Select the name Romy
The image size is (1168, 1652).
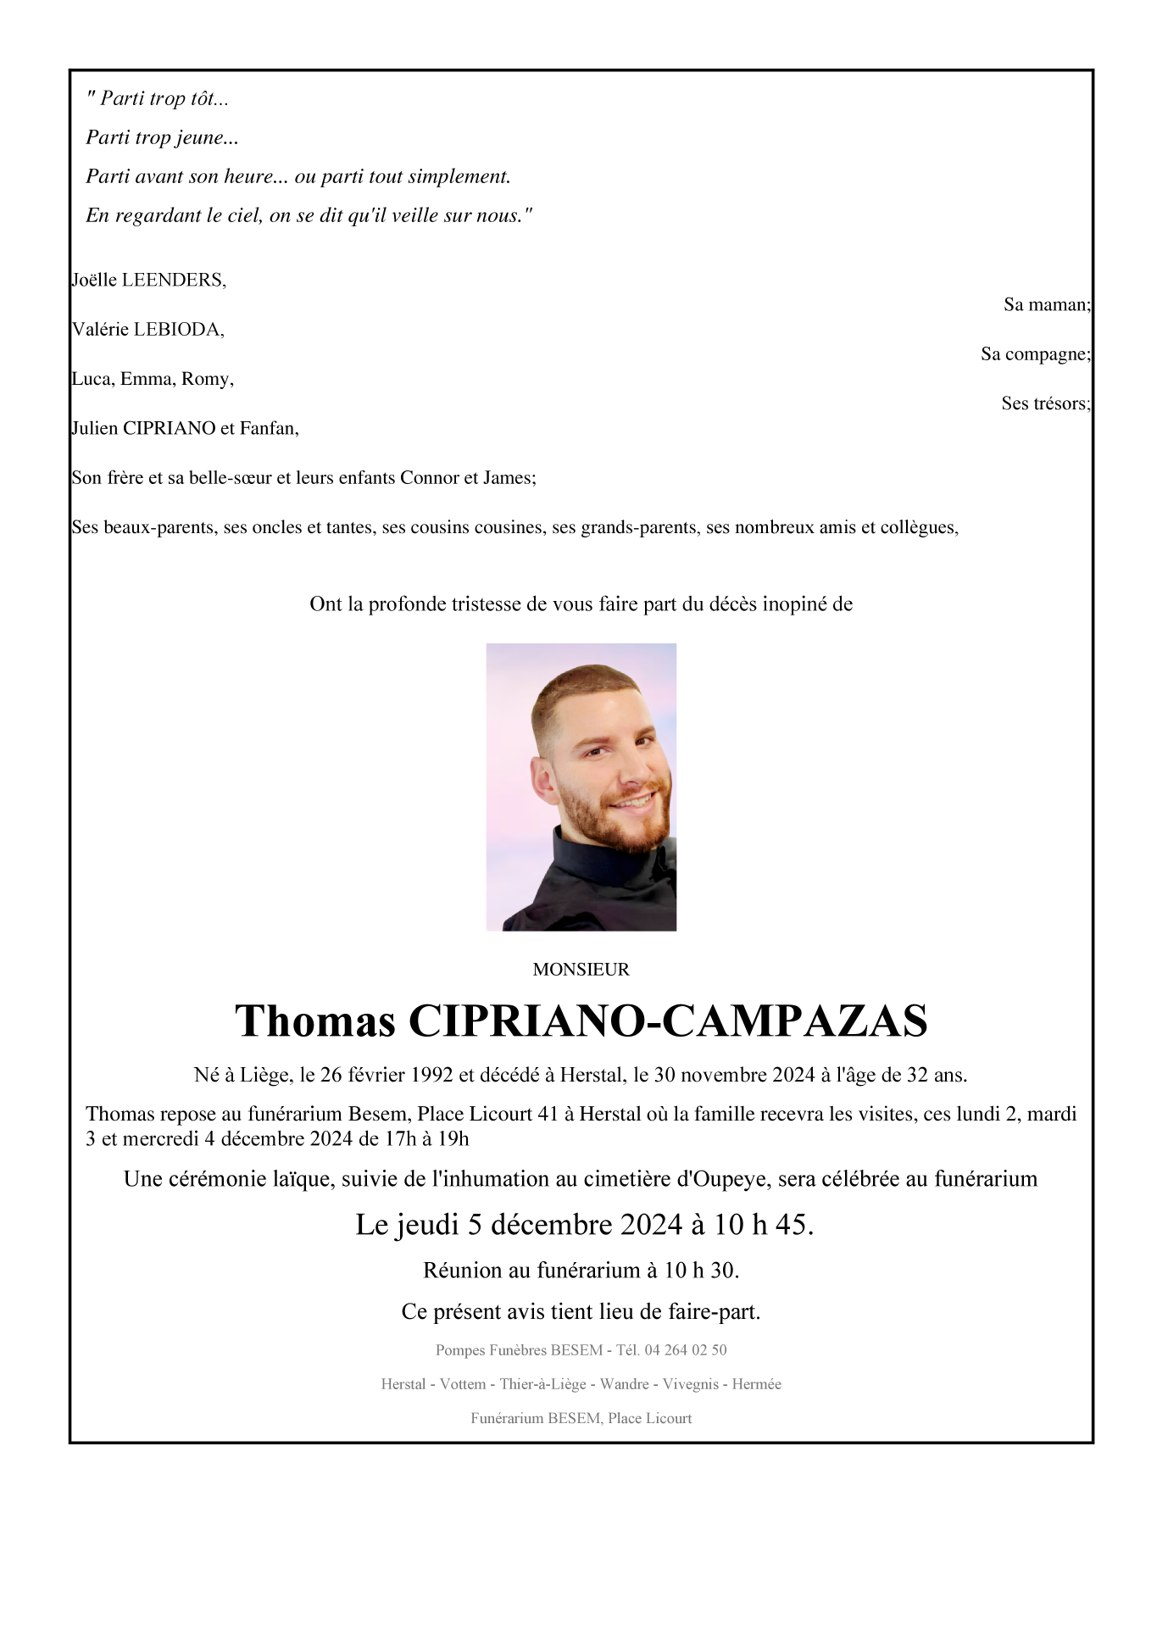click(207, 379)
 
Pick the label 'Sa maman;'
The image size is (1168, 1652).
click(1047, 304)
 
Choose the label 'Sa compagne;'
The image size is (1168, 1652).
click(1035, 354)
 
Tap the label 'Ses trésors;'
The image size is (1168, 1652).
click(1045, 403)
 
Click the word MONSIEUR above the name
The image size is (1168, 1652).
click(581, 970)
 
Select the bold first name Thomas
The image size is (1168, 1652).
click(315, 1021)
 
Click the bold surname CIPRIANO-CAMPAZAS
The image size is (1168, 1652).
click(668, 1021)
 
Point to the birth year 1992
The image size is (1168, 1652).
click(431, 1076)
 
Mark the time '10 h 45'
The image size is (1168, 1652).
click(762, 1225)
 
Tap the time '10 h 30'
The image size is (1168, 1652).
click(700, 1271)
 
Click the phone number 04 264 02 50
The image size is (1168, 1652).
click(685, 1350)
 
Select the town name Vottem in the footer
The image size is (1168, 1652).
click(463, 1384)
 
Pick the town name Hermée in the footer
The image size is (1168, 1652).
click(756, 1384)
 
